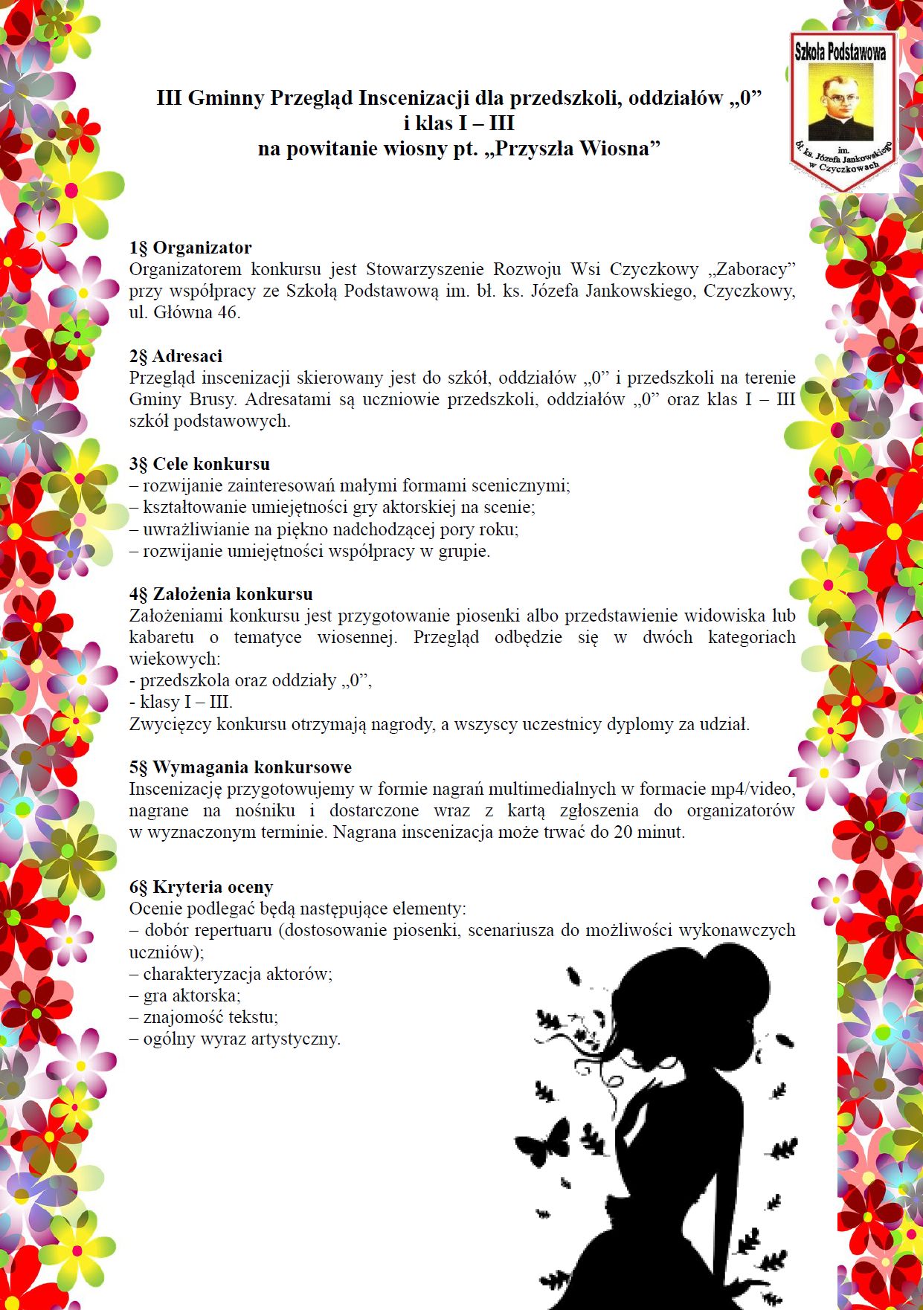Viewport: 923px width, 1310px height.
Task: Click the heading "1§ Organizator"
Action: pyautogui.click(x=190, y=248)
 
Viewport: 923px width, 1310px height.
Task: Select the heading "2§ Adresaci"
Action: pyautogui.click(x=176, y=356)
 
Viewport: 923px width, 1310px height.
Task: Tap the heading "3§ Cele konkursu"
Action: pyautogui.click(x=199, y=464)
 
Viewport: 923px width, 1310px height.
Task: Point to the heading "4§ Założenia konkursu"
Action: pyautogui.click(x=221, y=594)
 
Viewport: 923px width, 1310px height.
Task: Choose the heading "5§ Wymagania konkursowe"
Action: pyautogui.click(x=240, y=767)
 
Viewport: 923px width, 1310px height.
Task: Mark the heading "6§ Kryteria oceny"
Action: pyautogui.click(x=201, y=887)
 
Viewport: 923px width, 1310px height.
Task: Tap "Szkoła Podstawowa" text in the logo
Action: pyautogui.click(x=840, y=51)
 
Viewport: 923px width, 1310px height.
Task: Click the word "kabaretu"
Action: pyautogui.click(x=161, y=638)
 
